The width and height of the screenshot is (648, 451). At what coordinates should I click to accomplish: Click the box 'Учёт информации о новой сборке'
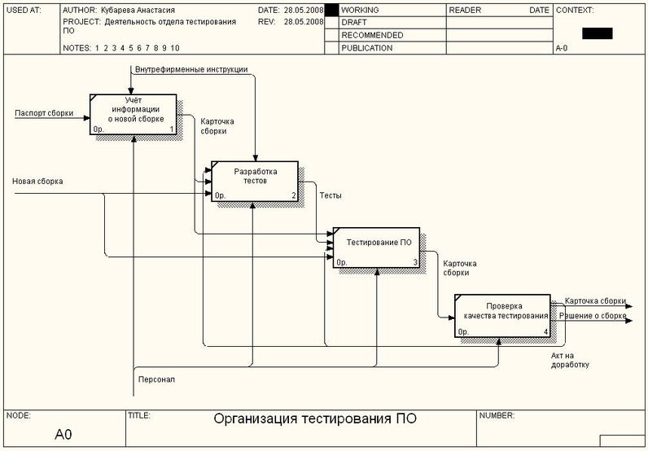click(134, 114)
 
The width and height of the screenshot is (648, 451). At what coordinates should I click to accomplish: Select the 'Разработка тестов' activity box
click(256, 181)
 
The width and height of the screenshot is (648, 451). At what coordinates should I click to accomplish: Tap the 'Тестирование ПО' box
click(376, 247)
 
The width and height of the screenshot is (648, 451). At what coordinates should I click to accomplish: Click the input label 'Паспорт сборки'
click(44, 113)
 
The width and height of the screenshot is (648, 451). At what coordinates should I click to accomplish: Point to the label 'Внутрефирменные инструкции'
click(191, 69)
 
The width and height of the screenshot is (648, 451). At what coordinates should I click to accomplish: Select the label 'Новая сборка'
click(37, 182)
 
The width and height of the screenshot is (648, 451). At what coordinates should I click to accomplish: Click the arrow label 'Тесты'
click(331, 196)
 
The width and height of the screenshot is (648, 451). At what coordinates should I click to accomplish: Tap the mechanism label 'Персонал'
click(156, 379)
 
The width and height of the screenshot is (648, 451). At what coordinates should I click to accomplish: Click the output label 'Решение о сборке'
click(592, 315)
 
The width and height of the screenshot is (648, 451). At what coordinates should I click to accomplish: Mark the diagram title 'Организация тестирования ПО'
click(315, 420)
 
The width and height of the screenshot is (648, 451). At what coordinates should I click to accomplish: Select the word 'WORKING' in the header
click(361, 10)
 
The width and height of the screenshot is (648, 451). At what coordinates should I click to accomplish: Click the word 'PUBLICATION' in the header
click(366, 48)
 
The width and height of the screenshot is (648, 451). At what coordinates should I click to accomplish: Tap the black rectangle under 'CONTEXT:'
click(597, 33)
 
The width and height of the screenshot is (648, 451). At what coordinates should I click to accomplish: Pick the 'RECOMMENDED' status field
click(372, 35)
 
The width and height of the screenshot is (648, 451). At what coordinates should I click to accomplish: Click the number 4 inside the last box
click(545, 331)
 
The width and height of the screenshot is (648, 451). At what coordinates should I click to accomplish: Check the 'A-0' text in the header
click(562, 49)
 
